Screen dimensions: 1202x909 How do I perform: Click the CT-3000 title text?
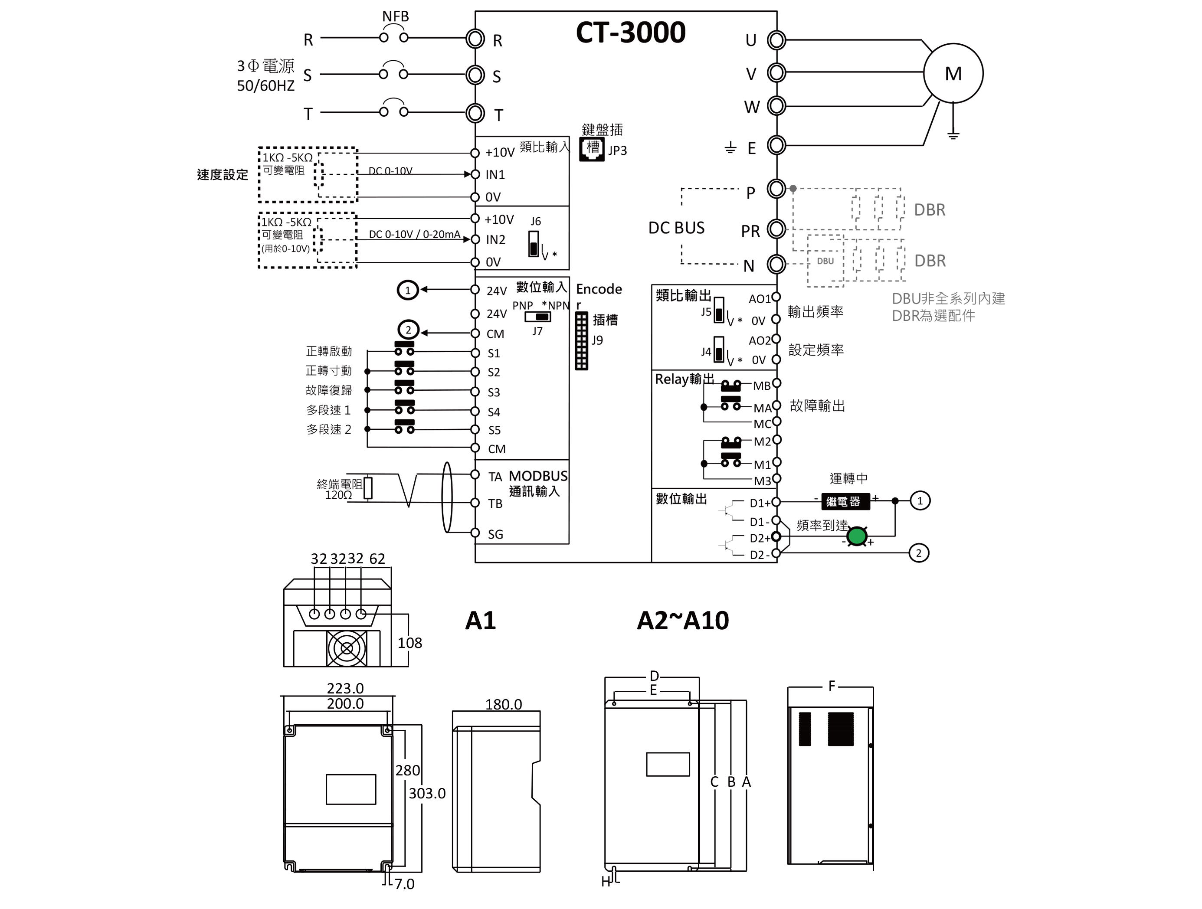click(x=630, y=33)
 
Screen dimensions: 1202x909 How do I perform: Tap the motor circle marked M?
click(x=953, y=73)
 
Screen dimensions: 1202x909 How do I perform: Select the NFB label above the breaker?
click(x=395, y=16)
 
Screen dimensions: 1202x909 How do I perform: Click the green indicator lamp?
click(x=857, y=536)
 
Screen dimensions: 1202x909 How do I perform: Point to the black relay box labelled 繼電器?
click(x=845, y=501)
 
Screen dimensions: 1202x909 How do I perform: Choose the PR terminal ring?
click(x=776, y=229)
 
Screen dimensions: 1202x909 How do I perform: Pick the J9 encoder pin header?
click(x=581, y=341)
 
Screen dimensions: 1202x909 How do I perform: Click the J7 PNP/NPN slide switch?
click(x=537, y=317)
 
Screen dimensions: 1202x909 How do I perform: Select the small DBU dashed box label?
click(x=825, y=261)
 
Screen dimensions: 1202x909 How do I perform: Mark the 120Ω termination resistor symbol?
click(x=368, y=488)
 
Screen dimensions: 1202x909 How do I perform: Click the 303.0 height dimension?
click(x=427, y=793)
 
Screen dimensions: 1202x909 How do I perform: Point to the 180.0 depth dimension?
click(x=503, y=704)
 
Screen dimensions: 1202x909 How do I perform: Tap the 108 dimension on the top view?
click(x=410, y=643)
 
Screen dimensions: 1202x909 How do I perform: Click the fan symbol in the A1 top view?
click(x=347, y=648)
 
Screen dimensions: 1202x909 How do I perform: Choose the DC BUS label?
click(x=677, y=228)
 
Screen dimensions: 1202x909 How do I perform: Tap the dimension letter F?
click(x=832, y=686)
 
